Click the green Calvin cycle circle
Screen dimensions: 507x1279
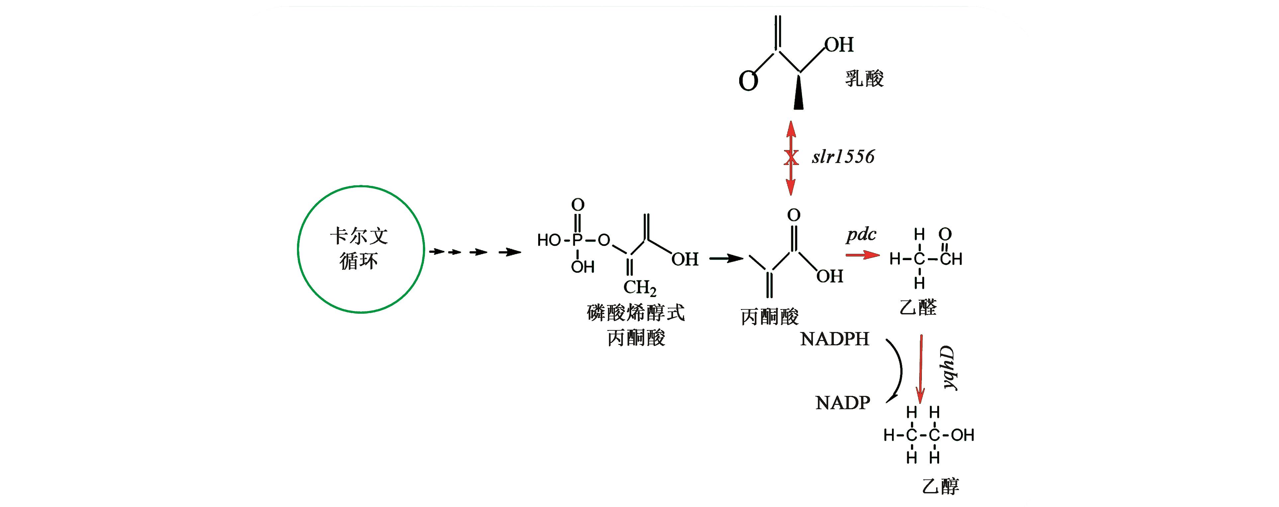pyautogui.click(x=361, y=249)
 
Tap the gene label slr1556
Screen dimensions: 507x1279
pyautogui.click(x=843, y=157)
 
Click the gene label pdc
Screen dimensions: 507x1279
pyautogui.click(x=861, y=234)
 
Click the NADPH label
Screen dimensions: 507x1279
pyautogui.click(x=835, y=339)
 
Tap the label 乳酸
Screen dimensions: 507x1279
pyautogui.click(x=864, y=79)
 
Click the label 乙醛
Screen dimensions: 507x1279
pyautogui.click(x=918, y=307)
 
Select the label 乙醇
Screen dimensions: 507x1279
pyautogui.click(x=940, y=486)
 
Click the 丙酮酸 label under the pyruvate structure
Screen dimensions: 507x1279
pyautogui.click(x=770, y=317)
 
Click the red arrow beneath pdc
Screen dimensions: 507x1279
pyautogui.click(x=862, y=255)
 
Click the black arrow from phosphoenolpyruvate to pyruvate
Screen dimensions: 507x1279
pyautogui.click(x=726, y=258)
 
